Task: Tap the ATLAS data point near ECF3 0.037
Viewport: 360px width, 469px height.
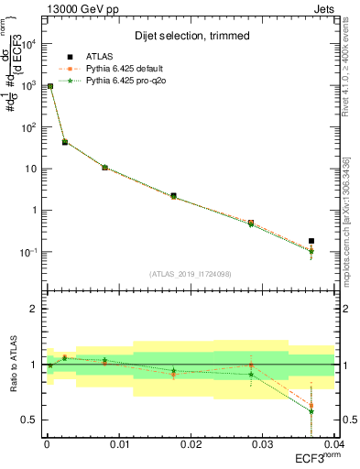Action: [311, 241]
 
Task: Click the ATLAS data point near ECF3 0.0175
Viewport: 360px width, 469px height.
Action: [173, 195]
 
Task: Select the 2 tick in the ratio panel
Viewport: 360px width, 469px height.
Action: [34, 309]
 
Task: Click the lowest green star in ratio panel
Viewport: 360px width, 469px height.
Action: [311, 411]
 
